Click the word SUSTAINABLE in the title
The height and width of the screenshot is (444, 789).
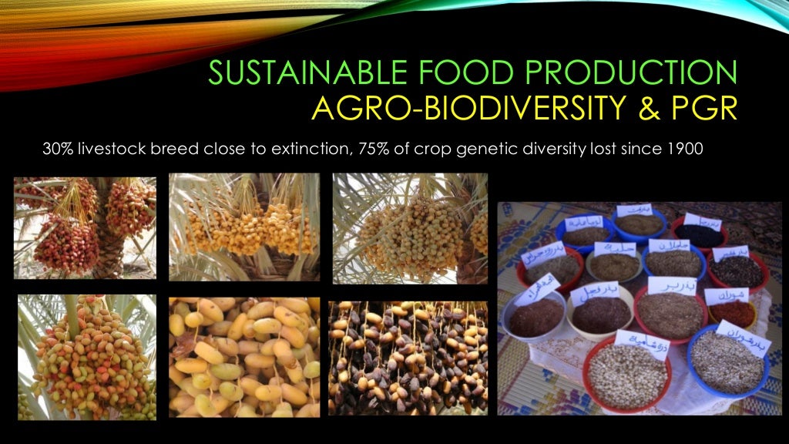pyautogui.click(x=293, y=73)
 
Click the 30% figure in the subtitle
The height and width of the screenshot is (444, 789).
pyautogui.click(x=55, y=150)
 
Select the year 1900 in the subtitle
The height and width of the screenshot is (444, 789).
pyautogui.click(x=685, y=150)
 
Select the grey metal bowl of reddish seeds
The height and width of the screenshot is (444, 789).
pyautogui.click(x=536, y=316)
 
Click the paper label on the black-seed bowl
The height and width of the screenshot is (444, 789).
pyautogui.click(x=699, y=219)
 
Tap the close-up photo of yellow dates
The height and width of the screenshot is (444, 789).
pyautogui.click(x=243, y=359)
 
